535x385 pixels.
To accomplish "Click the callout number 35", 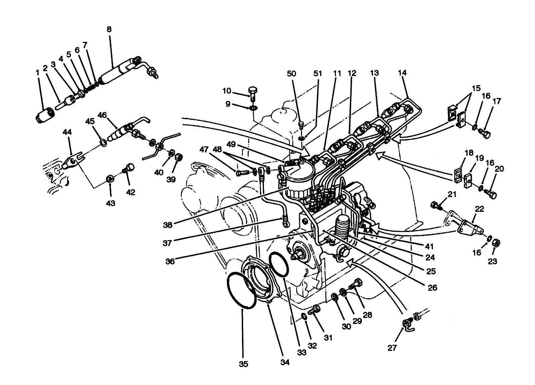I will [243, 364].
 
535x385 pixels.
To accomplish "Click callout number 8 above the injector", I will [109, 30].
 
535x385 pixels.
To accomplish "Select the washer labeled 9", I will [253, 108].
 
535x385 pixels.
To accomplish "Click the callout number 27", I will [392, 347].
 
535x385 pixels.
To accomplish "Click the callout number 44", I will [67, 132].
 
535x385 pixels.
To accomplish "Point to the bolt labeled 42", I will [129, 168].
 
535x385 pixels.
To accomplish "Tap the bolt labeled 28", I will [356, 284].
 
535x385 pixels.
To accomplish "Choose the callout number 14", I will [402, 73].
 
